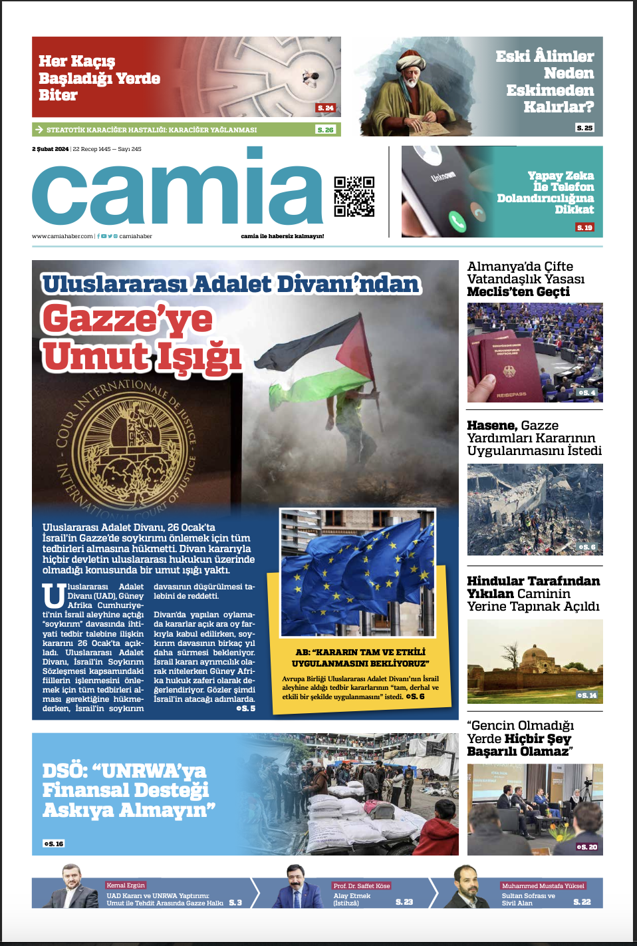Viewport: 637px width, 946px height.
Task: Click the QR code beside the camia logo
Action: point(354,196)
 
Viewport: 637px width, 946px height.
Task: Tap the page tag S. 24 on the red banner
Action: point(325,108)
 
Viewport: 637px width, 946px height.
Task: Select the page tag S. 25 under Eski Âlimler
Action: point(584,127)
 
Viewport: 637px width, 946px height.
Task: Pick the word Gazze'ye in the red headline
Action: point(127,319)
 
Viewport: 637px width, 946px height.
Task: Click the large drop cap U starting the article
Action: point(53,596)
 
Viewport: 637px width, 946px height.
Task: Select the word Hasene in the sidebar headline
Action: point(491,425)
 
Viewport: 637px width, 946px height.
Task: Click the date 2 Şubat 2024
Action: point(50,149)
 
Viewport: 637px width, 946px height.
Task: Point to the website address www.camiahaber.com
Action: point(63,236)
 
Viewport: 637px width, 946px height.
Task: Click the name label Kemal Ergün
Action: point(126,885)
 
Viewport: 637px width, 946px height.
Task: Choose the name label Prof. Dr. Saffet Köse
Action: point(362,886)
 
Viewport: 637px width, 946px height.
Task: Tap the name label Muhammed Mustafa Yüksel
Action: point(543,886)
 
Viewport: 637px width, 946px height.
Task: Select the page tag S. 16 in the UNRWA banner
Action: point(54,844)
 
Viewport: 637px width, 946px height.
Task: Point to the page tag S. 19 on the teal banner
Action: point(584,228)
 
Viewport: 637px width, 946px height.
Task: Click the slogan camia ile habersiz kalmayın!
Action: point(282,236)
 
